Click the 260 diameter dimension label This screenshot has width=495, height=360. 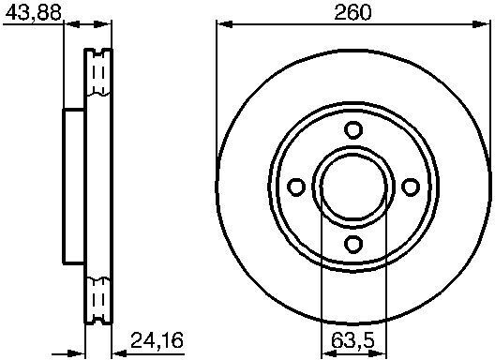pyautogui.click(x=352, y=13)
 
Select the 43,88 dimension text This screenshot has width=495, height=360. pyautogui.click(x=34, y=13)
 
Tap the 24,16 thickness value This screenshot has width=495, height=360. pyautogui.click(x=157, y=340)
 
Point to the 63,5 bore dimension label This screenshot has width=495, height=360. pyautogui.click(x=352, y=340)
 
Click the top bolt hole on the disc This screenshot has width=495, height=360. pyautogui.click(x=353, y=129)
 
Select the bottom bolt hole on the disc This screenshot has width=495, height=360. pyautogui.click(x=353, y=244)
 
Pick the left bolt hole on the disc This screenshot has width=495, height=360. pyautogui.click(x=296, y=187)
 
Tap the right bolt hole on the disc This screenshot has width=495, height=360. pyautogui.click(x=411, y=187)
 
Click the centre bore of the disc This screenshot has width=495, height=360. pyautogui.click(x=353, y=187)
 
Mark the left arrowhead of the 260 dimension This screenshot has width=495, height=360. pyautogui.click(x=224, y=24)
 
